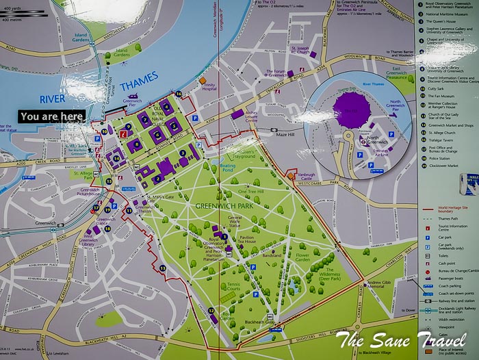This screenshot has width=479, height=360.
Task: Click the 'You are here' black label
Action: click(52, 116)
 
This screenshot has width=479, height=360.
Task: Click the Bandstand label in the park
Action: click(272, 253)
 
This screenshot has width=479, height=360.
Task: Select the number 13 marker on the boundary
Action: click(162, 268)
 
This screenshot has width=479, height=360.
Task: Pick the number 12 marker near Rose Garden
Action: click(211, 311)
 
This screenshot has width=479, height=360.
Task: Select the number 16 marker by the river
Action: click(179, 94)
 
